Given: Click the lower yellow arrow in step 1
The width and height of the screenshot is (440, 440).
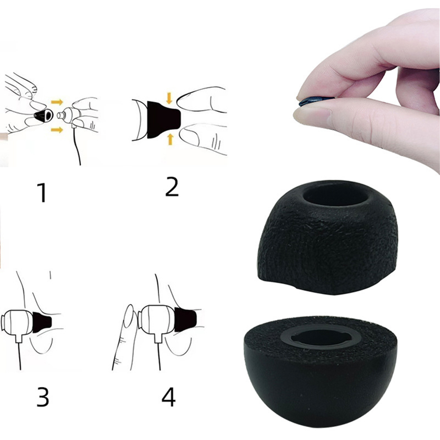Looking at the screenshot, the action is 57,130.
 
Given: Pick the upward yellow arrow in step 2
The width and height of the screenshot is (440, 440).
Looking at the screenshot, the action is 170,139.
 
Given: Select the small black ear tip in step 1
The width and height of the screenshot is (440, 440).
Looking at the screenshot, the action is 43,116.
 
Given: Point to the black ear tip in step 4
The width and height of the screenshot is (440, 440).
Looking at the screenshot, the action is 185,320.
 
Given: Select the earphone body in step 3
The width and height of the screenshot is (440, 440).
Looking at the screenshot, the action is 17,323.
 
